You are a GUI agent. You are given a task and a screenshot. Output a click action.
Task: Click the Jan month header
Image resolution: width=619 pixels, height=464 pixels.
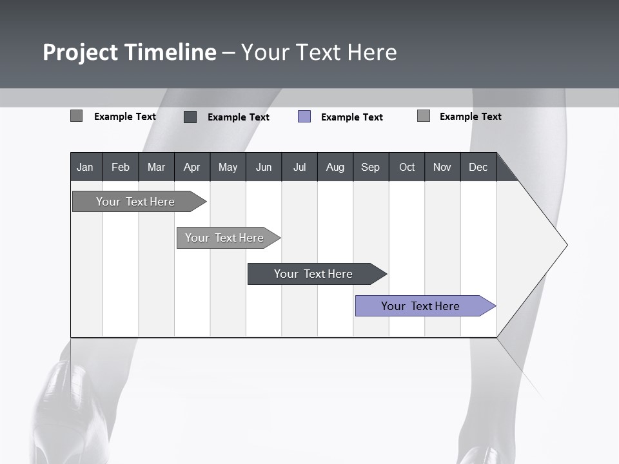[x=86, y=167]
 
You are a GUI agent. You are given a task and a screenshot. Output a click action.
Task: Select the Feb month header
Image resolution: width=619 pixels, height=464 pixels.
[x=121, y=167]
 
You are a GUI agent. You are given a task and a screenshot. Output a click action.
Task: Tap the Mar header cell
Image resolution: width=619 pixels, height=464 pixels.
[x=156, y=167]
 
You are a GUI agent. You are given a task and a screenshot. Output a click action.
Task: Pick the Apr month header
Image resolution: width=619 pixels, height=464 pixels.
[x=192, y=167]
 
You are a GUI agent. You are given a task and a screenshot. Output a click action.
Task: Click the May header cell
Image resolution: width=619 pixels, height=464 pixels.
[x=228, y=167]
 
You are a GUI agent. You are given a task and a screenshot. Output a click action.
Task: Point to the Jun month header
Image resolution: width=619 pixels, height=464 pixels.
[x=264, y=167]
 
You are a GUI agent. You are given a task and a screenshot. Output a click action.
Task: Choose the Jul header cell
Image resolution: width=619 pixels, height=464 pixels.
[x=299, y=167]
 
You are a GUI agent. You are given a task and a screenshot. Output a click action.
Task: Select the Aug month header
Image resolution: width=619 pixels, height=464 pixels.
[x=335, y=167]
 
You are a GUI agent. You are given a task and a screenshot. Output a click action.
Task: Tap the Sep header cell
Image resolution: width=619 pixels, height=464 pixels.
[x=371, y=167]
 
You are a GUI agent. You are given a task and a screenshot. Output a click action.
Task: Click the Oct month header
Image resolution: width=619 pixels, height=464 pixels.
[x=407, y=167]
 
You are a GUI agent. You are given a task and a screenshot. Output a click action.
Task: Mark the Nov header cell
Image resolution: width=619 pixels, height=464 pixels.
[x=442, y=167]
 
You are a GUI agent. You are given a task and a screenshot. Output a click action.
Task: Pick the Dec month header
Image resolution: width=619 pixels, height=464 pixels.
[x=478, y=167]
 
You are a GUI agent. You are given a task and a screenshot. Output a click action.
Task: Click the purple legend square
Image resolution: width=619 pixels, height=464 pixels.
[x=304, y=117]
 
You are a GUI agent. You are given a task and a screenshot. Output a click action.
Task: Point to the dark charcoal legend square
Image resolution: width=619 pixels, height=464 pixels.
[x=190, y=117]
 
